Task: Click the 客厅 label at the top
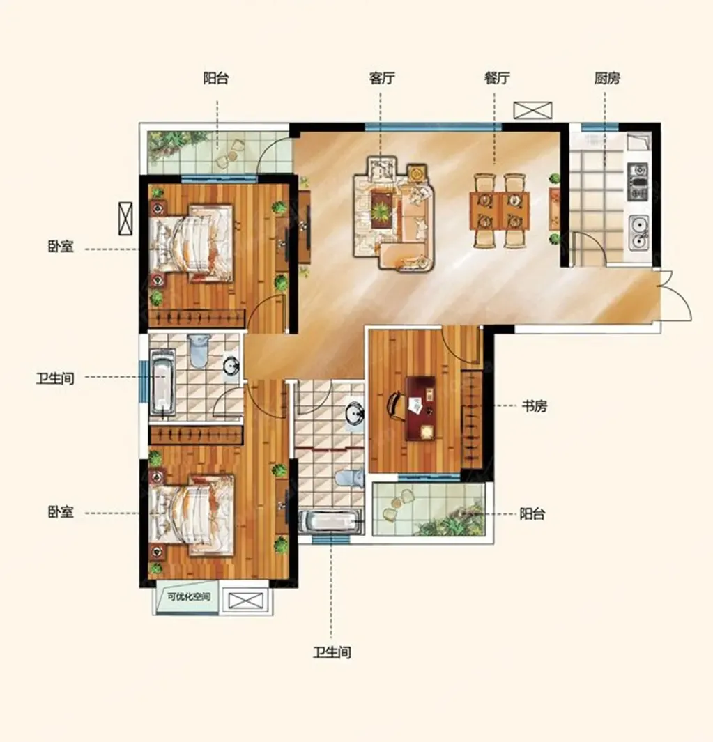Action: tap(382, 78)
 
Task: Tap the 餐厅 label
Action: tap(497, 78)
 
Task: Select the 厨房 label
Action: tap(607, 78)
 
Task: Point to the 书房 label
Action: tap(535, 406)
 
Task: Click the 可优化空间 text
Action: tap(188, 596)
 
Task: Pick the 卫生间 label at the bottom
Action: tap(332, 653)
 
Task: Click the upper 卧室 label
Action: tap(61, 247)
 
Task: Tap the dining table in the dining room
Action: tap(500, 210)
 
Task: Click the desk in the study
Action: tap(421, 408)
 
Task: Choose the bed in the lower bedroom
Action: tap(192, 516)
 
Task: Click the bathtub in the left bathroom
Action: tap(162, 383)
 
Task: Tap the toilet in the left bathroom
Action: tap(199, 350)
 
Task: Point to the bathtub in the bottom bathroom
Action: tap(330, 521)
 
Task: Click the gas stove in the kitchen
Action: tap(638, 181)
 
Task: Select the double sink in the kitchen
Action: tap(638, 233)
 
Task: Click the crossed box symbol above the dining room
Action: tap(533, 111)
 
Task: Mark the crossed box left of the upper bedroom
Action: tap(125, 218)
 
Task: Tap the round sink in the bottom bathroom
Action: tap(354, 415)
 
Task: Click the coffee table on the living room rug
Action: tap(381, 209)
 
